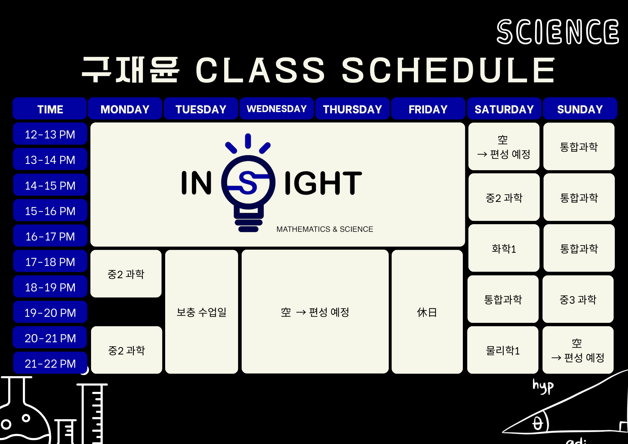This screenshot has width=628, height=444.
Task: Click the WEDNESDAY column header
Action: pyautogui.click(x=277, y=109)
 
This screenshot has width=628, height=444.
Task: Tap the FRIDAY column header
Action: pyautogui.click(x=428, y=109)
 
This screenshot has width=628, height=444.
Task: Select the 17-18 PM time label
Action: pyautogui.click(x=50, y=262)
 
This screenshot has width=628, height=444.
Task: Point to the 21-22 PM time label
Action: pyautogui.click(x=50, y=363)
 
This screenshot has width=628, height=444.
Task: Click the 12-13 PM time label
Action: pyautogui.click(x=50, y=134)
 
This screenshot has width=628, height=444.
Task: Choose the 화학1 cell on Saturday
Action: pyautogui.click(x=504, y=248)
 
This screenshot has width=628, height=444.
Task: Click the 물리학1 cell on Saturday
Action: pyautogui.click(x=503, y=350)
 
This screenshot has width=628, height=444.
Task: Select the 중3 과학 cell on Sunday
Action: pyautogui.click(x=578, y=299)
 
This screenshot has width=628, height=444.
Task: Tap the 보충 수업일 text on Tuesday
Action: pyautogui.click(x=202, y=312)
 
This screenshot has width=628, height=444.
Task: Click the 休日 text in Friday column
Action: pyautogui.click(x=427, y=312)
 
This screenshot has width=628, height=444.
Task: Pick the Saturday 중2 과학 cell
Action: pyautogui.click(x=504, y=198)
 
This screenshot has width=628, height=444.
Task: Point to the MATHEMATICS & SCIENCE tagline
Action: pyautogui.click(x=325, y=229)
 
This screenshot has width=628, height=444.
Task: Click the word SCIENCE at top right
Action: pyautogui.click(x=558, y=31)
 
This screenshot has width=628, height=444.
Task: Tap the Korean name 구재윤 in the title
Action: pyautogui.click(x=130, y=70)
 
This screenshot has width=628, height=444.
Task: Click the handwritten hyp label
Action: pyautogui.click(x=543, y=386)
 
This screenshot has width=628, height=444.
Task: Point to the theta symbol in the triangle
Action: pyautogui.click(x=538, y=423)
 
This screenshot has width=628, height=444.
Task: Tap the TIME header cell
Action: pyautogui.click(x=50, y=109)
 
